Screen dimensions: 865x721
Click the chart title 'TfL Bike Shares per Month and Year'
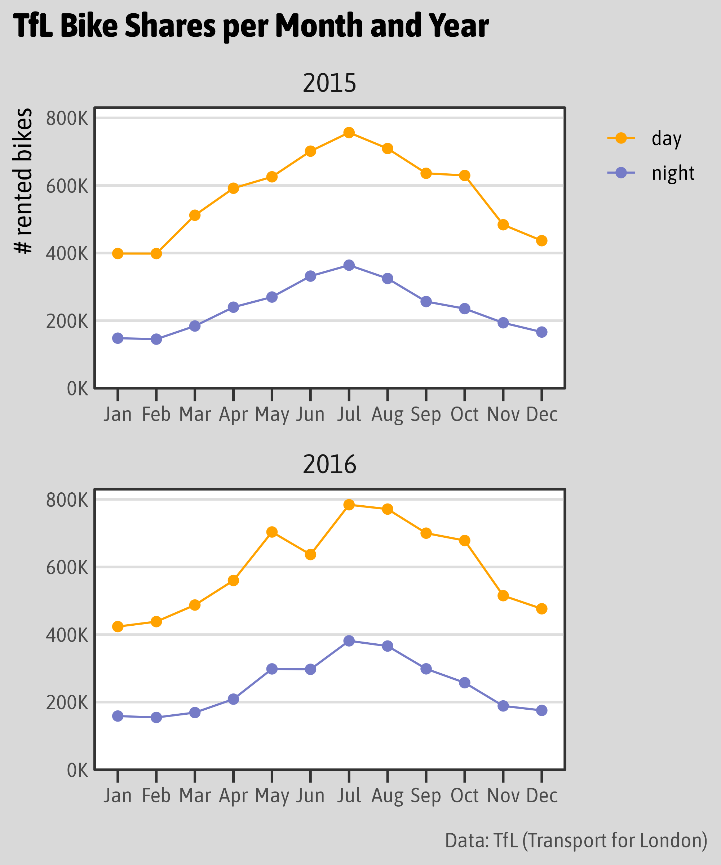251,26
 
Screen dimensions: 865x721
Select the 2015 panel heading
329,83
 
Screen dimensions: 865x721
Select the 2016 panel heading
329,465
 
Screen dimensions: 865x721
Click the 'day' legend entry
666,138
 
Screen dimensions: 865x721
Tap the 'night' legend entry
673,173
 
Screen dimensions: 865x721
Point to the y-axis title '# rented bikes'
23,181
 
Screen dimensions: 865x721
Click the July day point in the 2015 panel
349,133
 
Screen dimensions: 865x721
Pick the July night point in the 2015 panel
349,265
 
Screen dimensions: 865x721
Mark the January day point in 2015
118,253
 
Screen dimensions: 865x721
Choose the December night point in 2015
542,332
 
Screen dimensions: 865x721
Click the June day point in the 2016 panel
311,554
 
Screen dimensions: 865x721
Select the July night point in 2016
349,641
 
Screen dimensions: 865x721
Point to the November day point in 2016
503,596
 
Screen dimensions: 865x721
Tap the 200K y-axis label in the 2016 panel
67,703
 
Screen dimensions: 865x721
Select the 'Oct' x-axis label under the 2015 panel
464,414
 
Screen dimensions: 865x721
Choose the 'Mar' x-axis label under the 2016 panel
195,795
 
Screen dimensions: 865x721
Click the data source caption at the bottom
576,840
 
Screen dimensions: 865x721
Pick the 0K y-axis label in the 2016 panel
78,770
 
